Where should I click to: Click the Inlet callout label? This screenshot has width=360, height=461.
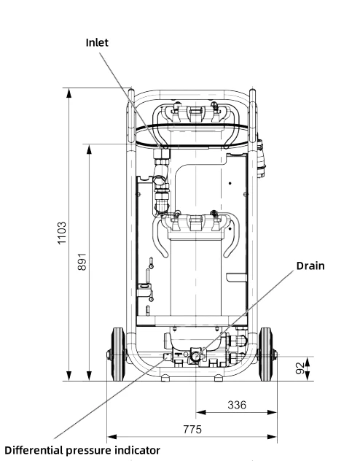pos(97,42)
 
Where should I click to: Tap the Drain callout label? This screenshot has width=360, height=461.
pos(310,266)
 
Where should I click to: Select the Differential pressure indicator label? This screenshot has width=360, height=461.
pos(82,450)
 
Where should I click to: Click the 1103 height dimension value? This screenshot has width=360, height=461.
pos(62,233)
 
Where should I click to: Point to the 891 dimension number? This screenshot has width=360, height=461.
pos(82,261)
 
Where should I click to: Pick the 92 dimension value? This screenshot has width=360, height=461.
pos(300,368)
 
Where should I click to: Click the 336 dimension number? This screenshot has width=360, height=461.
pos(237,405)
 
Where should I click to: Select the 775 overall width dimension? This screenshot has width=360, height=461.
pos(192,429)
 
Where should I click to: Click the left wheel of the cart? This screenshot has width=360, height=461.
pos(118,355)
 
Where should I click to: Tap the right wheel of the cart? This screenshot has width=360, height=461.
pos(266,355)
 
